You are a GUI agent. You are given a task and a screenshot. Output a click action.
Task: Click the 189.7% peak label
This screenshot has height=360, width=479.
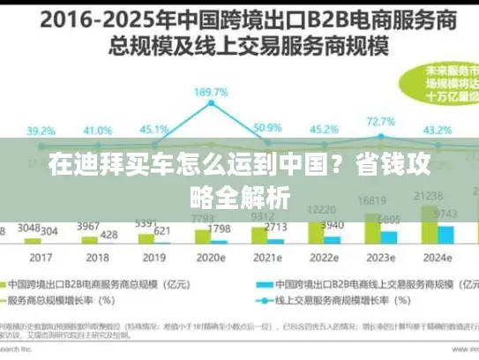(x=212, y=92)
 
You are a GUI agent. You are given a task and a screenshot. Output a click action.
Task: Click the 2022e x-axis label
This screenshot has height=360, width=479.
(x=326, y=259)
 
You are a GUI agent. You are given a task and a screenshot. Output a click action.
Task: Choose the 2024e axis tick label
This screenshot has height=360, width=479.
(x=437, y=259)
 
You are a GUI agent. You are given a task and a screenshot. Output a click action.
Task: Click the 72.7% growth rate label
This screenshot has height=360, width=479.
(x=381, y=122)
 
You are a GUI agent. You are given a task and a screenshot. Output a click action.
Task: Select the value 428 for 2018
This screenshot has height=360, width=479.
(x=109, y=234)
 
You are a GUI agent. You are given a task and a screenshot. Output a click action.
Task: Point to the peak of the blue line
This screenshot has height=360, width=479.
(x=212, y=104)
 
